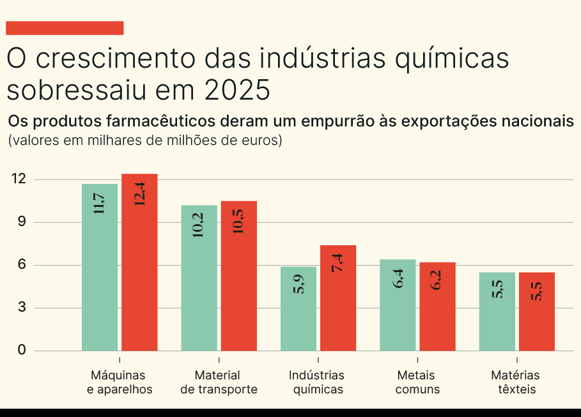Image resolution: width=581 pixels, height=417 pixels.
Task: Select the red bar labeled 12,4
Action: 139,262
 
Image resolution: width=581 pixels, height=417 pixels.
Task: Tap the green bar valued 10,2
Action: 199,278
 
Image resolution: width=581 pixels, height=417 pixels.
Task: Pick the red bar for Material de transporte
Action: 239,276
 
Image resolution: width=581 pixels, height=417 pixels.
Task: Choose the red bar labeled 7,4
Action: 338,298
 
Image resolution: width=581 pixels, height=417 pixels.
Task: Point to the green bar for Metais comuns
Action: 398,305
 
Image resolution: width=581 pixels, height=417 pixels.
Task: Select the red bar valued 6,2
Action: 438,307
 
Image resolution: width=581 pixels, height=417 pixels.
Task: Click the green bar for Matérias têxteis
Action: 497,312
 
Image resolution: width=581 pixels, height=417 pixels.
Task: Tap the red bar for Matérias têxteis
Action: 537,312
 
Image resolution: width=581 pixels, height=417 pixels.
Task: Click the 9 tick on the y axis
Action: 22,222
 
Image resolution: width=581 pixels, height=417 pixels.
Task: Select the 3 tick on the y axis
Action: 22,308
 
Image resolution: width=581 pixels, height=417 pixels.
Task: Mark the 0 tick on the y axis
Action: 22,350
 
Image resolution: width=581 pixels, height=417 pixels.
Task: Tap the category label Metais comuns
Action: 417,383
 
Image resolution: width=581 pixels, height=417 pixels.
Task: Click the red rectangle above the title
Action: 65,28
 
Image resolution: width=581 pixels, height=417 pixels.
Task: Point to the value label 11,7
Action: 100,203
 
